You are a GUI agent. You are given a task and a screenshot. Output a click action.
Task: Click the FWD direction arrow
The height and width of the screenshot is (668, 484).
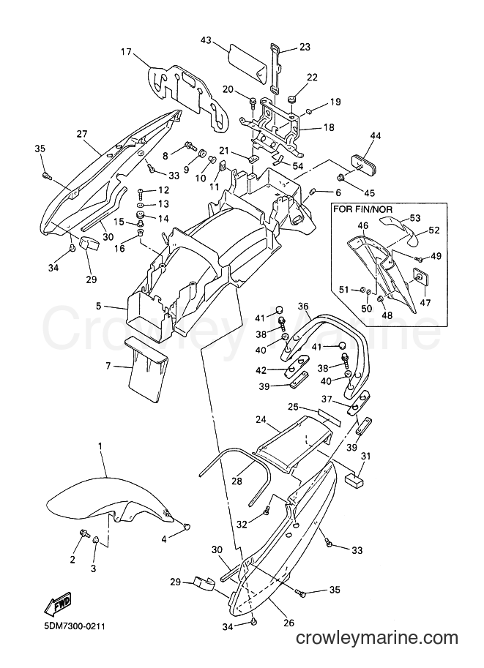coord(58,604)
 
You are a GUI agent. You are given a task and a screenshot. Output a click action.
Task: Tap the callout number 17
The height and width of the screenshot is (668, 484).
coord(126,53)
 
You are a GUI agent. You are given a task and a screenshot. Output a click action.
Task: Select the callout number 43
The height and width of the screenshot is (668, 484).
coord(206,40)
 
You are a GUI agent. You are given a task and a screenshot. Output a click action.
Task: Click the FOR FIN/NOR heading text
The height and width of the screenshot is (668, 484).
coord(363,209)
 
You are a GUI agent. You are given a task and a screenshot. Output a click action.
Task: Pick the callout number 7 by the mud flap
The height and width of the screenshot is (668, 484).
coord(108,366)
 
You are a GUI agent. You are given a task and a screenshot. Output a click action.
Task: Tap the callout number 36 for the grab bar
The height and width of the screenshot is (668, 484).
coord(303,306)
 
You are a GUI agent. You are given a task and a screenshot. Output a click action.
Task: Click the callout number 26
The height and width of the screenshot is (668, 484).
coord(288,623)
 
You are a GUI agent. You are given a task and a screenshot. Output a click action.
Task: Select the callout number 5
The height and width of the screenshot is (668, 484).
coord(99,306)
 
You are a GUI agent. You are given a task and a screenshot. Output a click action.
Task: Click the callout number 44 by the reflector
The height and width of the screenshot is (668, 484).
coord(376,135)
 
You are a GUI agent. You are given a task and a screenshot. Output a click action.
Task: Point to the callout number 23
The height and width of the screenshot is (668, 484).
coord(305,46)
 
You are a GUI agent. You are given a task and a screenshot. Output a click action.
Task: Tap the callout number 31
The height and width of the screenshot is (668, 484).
coord(366,457)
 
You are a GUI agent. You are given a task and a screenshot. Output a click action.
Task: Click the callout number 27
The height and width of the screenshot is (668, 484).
coord(82,134)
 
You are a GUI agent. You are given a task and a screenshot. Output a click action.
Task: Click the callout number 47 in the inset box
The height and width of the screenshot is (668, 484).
coord(425,302)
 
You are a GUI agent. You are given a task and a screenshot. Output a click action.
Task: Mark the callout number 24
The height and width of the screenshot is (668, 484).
coord(261,420)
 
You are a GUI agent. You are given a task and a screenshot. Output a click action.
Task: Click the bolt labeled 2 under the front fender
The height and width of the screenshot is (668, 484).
coord(83,533)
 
